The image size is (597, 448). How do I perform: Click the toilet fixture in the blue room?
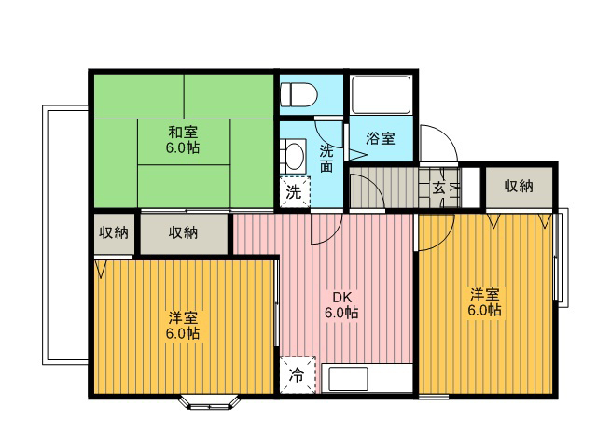298,94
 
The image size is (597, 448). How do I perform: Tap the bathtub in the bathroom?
382,95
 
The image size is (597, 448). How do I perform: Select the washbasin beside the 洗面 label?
293,156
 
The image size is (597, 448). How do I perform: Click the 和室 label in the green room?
183,133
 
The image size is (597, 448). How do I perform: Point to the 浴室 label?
380,138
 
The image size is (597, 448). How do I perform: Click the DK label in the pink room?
342,297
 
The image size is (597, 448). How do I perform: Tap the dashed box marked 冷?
298,375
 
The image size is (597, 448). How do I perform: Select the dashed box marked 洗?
295,192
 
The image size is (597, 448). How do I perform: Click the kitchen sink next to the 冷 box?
348,379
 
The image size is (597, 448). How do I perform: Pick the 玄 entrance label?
438,188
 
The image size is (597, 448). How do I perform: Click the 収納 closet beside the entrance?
519,187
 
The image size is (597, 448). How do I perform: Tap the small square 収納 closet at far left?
114,233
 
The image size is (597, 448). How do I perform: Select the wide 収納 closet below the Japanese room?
185,233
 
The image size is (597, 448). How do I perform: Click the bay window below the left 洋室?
210,403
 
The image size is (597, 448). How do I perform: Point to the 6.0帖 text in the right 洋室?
484,311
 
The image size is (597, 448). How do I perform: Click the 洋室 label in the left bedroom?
183,317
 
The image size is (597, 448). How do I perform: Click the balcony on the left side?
65,234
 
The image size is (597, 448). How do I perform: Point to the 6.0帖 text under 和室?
183,147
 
